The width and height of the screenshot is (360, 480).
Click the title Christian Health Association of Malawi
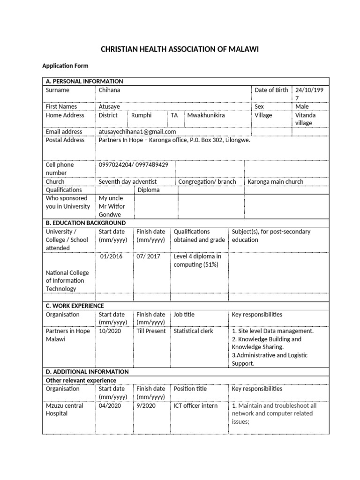point(180,50)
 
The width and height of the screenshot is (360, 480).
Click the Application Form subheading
point(65,66)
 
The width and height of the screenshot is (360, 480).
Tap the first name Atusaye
point(109,107)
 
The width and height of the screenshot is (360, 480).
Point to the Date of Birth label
point(271,90)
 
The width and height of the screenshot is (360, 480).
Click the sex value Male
point(302,107)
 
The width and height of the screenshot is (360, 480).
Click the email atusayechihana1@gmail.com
point(137,132)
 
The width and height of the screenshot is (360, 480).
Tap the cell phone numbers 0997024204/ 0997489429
point(134,165)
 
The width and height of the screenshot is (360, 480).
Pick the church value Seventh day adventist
point(127,182)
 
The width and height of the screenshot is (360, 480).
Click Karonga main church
point(275,182)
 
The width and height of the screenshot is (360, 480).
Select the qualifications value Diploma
point(148,190)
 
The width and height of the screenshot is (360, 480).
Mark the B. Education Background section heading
point(85,223)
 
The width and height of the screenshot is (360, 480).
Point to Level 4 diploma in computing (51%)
point(197,261)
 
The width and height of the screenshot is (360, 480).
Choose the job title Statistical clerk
point(193,331)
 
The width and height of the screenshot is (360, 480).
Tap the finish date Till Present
point(151,331)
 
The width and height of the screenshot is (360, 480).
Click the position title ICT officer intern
point(195,405)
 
